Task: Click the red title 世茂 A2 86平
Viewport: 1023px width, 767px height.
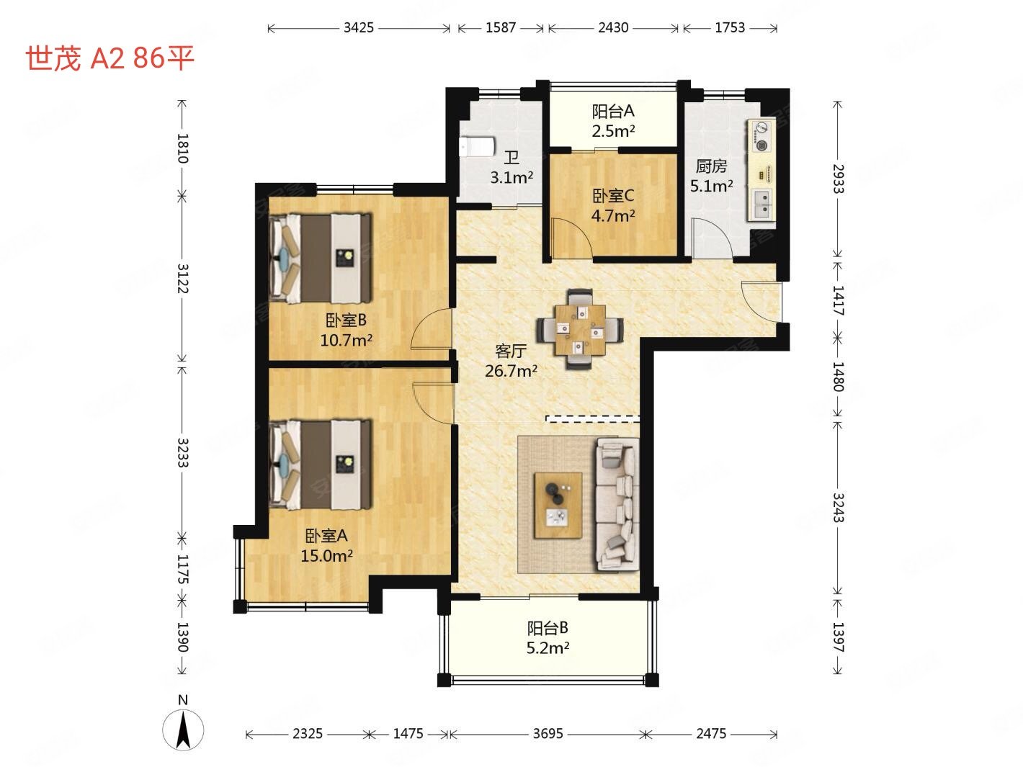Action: click(x=110, y=58)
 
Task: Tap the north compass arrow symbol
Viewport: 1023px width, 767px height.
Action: click(x=183, y=730)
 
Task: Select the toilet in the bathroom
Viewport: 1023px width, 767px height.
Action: click(x=476, y=147)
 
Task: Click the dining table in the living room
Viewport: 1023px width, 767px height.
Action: click(x=580, y=329)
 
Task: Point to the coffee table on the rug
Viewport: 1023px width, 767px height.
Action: click(x=558, y=506)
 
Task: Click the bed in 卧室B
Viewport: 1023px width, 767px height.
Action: click(x=321, y=258)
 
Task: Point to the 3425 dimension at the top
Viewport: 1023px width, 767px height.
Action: click(x=358, y=28)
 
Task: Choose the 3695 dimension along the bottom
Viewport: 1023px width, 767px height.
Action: click(x=548, y=734)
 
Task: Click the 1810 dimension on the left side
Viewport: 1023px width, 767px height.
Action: click(x=183, y=148)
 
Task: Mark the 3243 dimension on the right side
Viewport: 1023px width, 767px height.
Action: click(x=838, y=508)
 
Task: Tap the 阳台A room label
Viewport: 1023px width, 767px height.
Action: click(x=613, y=112)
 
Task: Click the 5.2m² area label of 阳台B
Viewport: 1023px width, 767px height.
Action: click(x=548, y=647)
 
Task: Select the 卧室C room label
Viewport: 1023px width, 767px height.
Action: click(x=613, y=196)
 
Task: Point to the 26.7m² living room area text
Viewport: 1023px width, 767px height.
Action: click(x=511, y=371)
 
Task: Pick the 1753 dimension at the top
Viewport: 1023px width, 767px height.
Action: click(x=730, y=28)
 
